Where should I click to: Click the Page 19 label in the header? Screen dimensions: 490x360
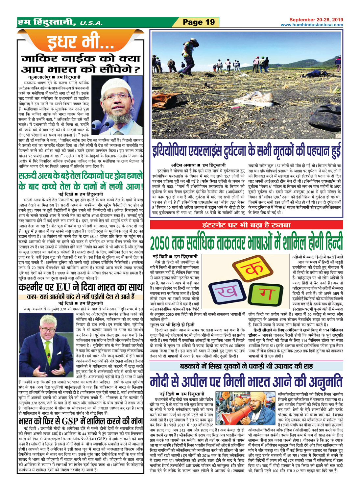click(199, 22)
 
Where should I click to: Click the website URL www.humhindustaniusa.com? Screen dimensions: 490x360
click(312, 25)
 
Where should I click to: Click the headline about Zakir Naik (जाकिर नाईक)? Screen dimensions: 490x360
click(80, 64)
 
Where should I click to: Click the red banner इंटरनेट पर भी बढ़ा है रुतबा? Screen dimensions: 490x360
click(246, 225)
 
